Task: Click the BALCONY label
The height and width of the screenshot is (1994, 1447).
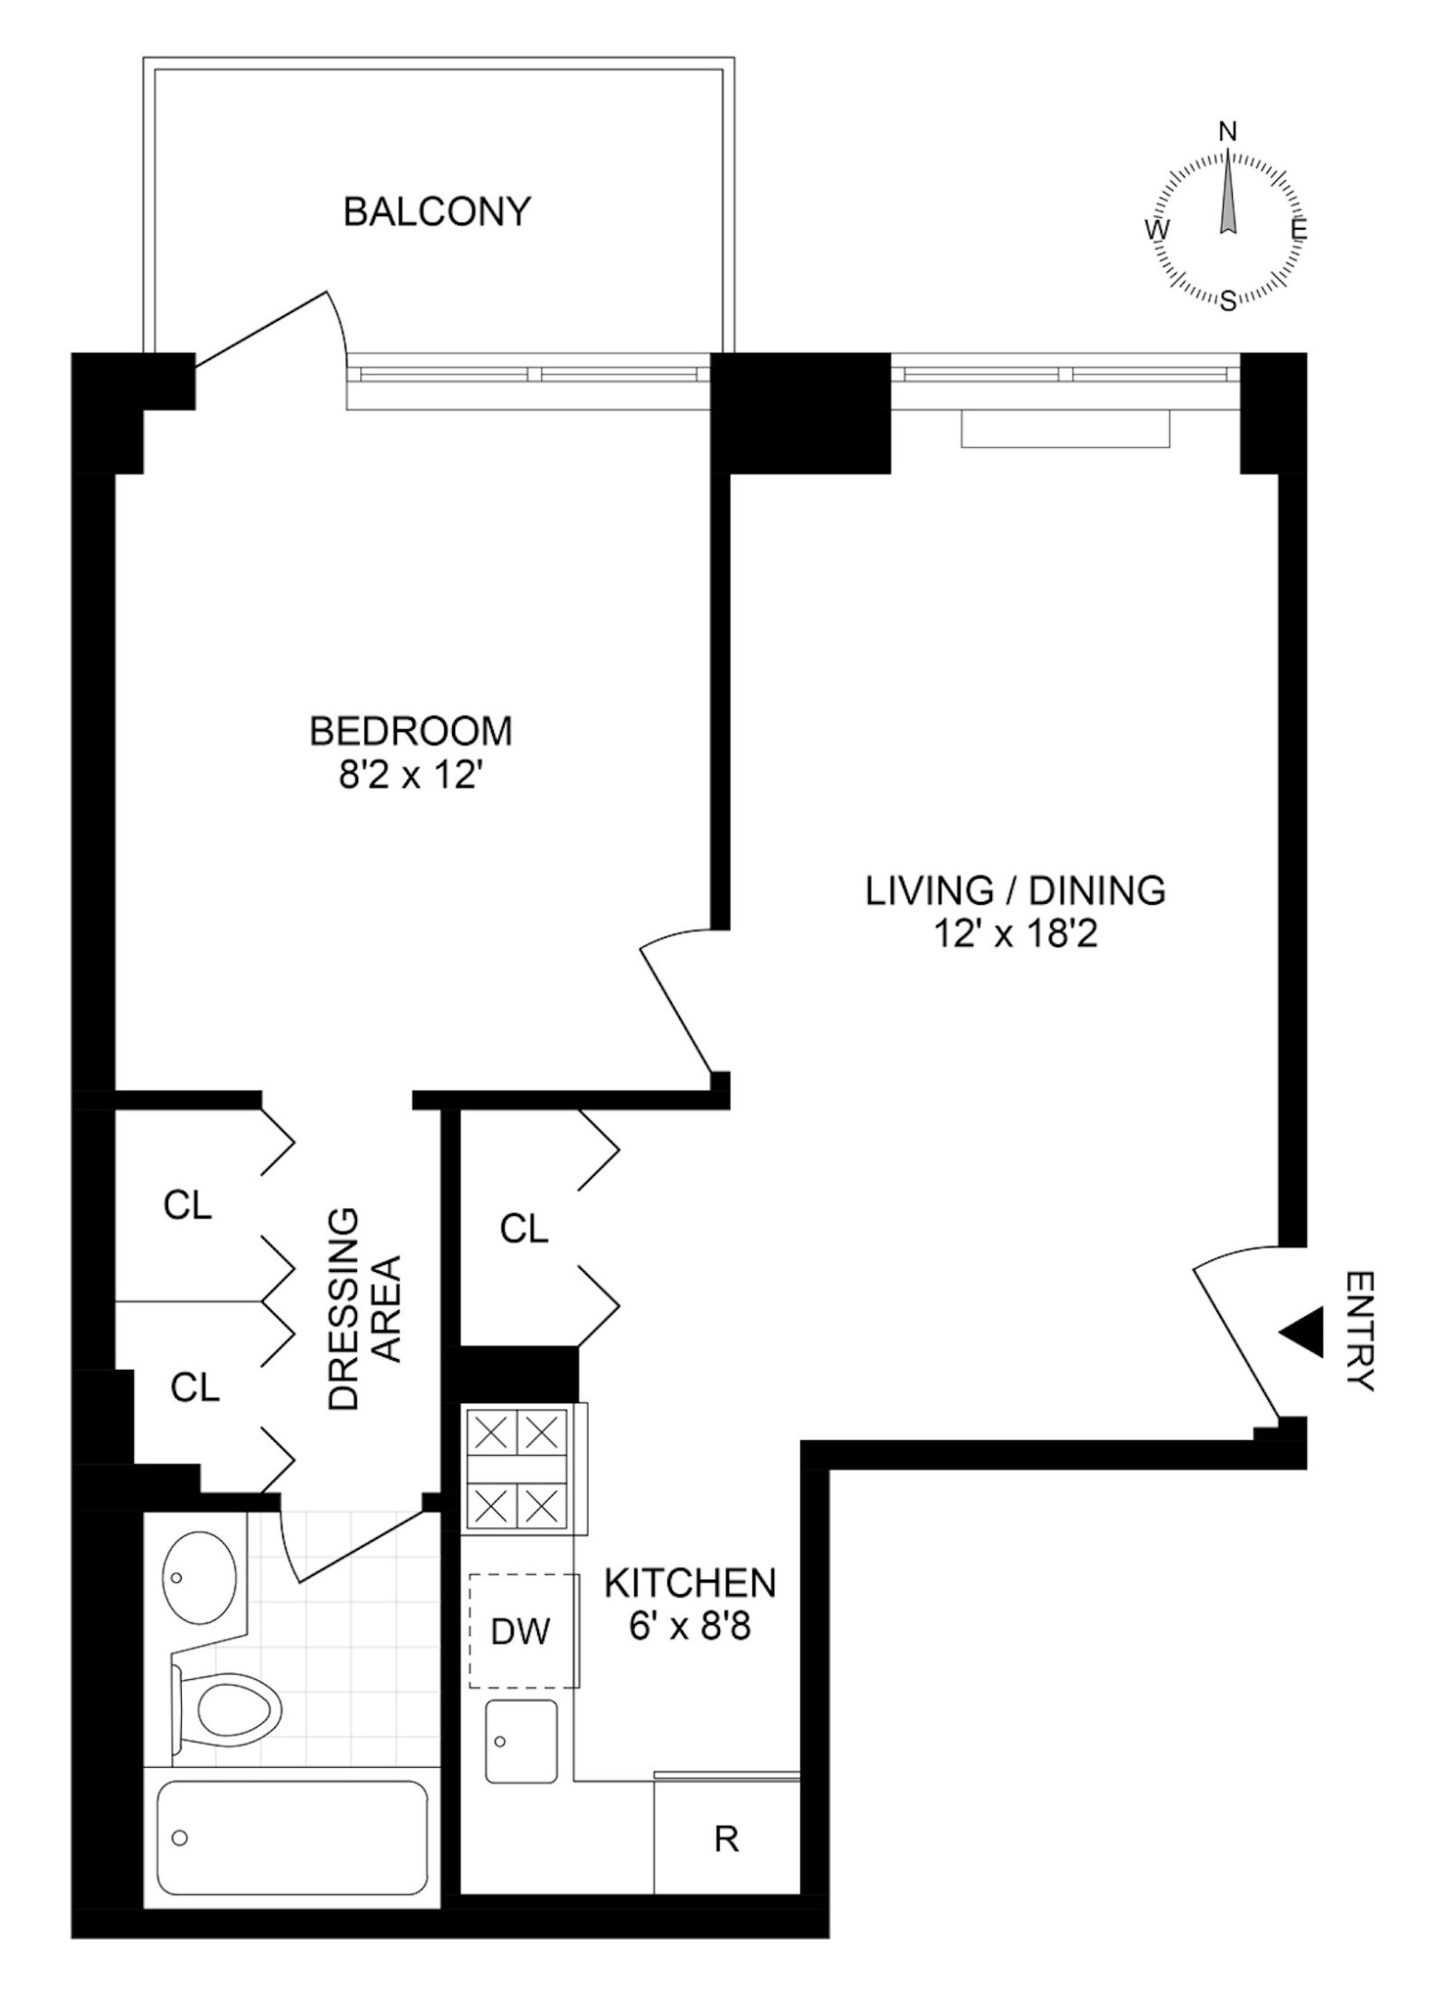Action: (437, 211)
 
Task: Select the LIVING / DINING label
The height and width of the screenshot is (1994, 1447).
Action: (1015, 891)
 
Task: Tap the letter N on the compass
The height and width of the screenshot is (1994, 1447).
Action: (1228, 131)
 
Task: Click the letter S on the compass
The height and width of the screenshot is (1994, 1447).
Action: (1228, 301)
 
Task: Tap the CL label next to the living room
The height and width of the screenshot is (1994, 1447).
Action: (524, 1229)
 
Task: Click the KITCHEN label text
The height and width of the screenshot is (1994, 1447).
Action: (690, 1583)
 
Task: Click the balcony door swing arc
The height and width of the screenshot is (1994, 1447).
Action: (337, 323)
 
